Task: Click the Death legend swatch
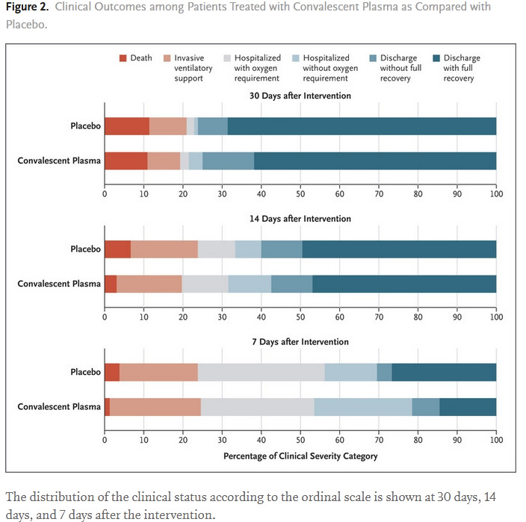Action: [123, 58]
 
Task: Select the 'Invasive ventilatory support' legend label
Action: [194, 68]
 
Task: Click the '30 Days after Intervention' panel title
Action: [300, 96]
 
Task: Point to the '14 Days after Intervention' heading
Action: [300, 219]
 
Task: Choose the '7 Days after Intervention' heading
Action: [300, 342]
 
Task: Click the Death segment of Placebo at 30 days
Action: [127, 126]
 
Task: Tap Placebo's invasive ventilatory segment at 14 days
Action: [164, 249]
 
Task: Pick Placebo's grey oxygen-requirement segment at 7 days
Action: [261, 373]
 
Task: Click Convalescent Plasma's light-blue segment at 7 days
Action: [363, 407]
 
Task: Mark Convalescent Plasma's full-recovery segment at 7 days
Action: [468, 407]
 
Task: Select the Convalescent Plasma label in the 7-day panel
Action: [59, 407]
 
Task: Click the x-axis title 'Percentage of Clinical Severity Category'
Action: [300, 456]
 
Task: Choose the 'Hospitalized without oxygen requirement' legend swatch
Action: [311, 58]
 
